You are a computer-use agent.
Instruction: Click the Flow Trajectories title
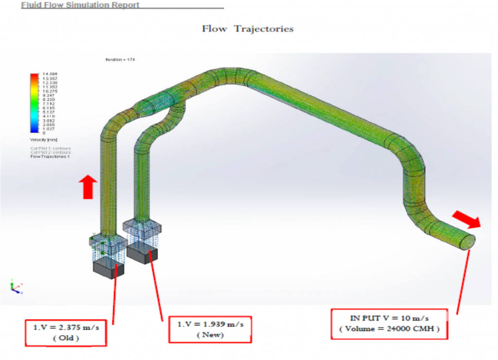pyautogui.click(x=248, y=29)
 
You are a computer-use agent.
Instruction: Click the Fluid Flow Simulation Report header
pyautogui.click(x=80, y=5)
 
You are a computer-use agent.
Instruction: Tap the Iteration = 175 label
pyautogui.click(x=120, y=59)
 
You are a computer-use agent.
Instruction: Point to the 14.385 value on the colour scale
pyautogui.click(x=50, y=74)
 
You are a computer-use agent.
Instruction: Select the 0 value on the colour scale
pyautogui.click(x=44, y=132)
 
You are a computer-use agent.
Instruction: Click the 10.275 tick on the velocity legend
pyautogui.click(x=50, y=91)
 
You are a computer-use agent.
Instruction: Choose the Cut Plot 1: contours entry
pyautogui.click(x=51, y=148)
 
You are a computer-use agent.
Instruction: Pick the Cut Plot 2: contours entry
pyautogui.click(x=51, y=152)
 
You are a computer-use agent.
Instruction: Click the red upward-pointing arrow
pyautogui.click(x=88, y=187)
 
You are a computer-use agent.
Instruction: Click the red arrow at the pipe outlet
pyautogui.click(x=466, y=219)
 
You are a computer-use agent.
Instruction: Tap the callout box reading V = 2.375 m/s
pyautogui.click(x=66, y=333)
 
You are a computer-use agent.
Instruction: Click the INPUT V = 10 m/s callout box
pyautogui.click(x=389, y=324)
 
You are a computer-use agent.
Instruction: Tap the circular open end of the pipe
pyautogui.click(x=467, y=242)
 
